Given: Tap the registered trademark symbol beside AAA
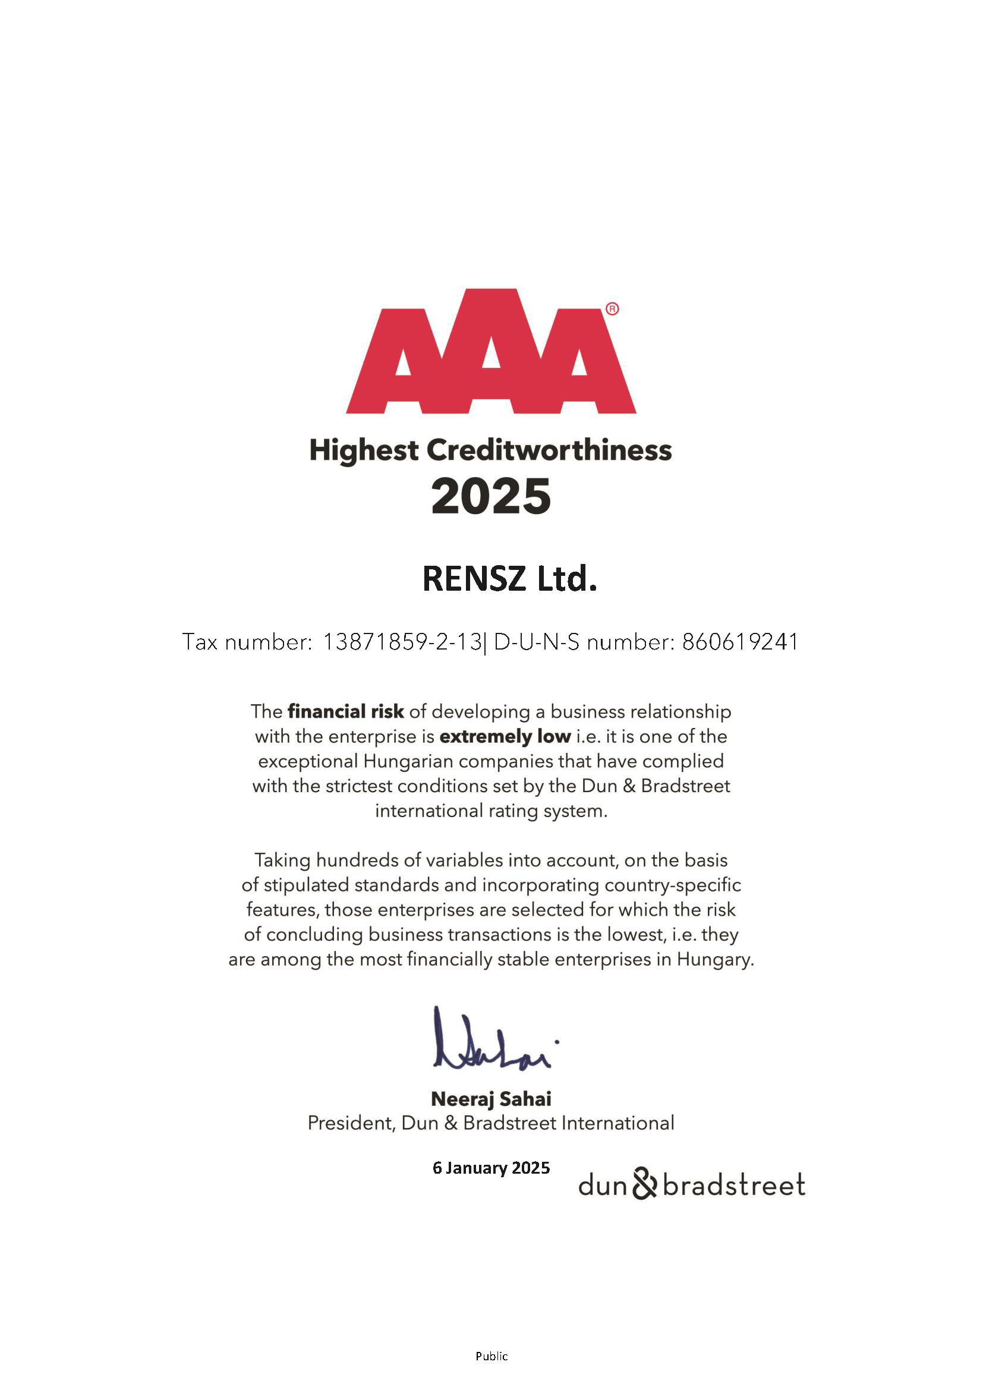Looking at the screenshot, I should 612,310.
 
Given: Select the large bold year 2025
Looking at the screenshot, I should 491,497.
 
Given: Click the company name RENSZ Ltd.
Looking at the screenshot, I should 510,579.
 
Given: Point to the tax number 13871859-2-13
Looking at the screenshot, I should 402,642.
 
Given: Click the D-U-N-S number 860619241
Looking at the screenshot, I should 741,642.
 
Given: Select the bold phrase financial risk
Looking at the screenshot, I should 346,711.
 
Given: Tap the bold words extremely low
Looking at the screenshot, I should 505,736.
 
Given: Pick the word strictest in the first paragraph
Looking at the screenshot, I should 358,786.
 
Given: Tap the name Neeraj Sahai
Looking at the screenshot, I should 491,1099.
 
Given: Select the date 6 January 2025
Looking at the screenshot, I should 491,1168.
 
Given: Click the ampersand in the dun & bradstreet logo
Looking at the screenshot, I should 645,1184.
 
